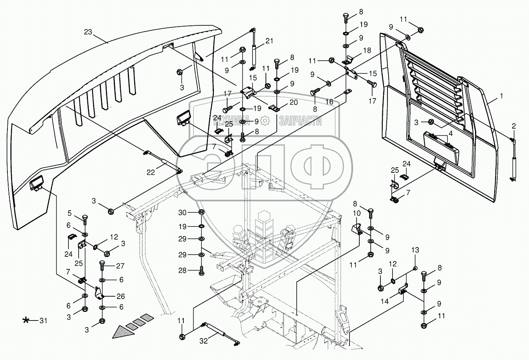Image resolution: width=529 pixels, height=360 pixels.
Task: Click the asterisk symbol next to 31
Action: [x=26, y=321]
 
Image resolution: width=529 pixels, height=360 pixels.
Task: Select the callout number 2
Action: [x=514, y=126]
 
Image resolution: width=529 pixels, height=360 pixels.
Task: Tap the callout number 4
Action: [x=450, y=133]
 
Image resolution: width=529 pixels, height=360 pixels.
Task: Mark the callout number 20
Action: [x=294, y=102]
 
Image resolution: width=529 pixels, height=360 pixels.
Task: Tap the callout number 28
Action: [x=183, y=270]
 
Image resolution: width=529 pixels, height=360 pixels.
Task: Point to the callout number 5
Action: [x=70, y=213]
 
